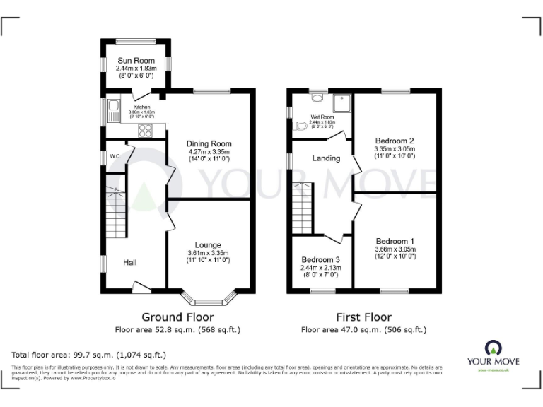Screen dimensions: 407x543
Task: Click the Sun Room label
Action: tap(136, 61)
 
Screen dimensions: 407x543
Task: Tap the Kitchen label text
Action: tap(142, 107)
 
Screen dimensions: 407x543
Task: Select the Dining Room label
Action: tap(209, 143)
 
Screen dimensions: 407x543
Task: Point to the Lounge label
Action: tap(209, 245)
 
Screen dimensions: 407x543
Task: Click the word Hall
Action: tap(130, 263)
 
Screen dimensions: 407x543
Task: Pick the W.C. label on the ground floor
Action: tap(112, 155)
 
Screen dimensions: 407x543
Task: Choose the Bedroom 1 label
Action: tap(395, 241)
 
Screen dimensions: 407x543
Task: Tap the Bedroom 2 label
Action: tap(395, 140)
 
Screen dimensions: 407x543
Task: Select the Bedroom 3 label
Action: tap(321, 259)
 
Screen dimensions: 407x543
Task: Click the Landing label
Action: tap(326, 158)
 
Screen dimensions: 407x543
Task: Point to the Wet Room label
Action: tap(322, 117)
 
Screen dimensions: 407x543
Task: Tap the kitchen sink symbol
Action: tap(114, 110)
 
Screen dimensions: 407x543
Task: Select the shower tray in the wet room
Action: tap(342, 103)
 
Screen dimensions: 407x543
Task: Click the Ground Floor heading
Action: tap(177, 317)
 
